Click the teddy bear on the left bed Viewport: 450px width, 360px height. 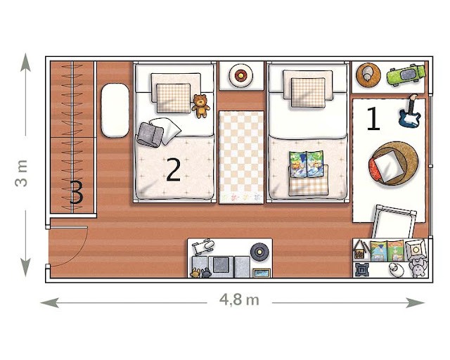[200, 106]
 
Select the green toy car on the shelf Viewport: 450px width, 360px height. [406, 75]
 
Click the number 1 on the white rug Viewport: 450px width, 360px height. [373, 119]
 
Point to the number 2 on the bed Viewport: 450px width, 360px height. [174, 170]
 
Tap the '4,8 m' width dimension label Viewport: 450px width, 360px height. [239, 300]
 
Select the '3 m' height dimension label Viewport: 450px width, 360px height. [22, 173]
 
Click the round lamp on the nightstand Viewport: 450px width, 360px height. [240, 75]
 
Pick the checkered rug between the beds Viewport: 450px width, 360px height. [241, 157]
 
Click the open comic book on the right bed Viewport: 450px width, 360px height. [307, 165]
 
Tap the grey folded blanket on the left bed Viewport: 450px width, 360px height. [150, 134]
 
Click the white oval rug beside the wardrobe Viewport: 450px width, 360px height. [115, 110]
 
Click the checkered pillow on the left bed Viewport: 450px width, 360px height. [174, 98]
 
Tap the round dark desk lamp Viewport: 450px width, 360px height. [259, 252]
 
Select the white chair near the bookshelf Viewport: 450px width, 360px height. [394, 221]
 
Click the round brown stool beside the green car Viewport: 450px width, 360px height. [368, 75]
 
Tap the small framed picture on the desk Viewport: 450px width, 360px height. [262, 273]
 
